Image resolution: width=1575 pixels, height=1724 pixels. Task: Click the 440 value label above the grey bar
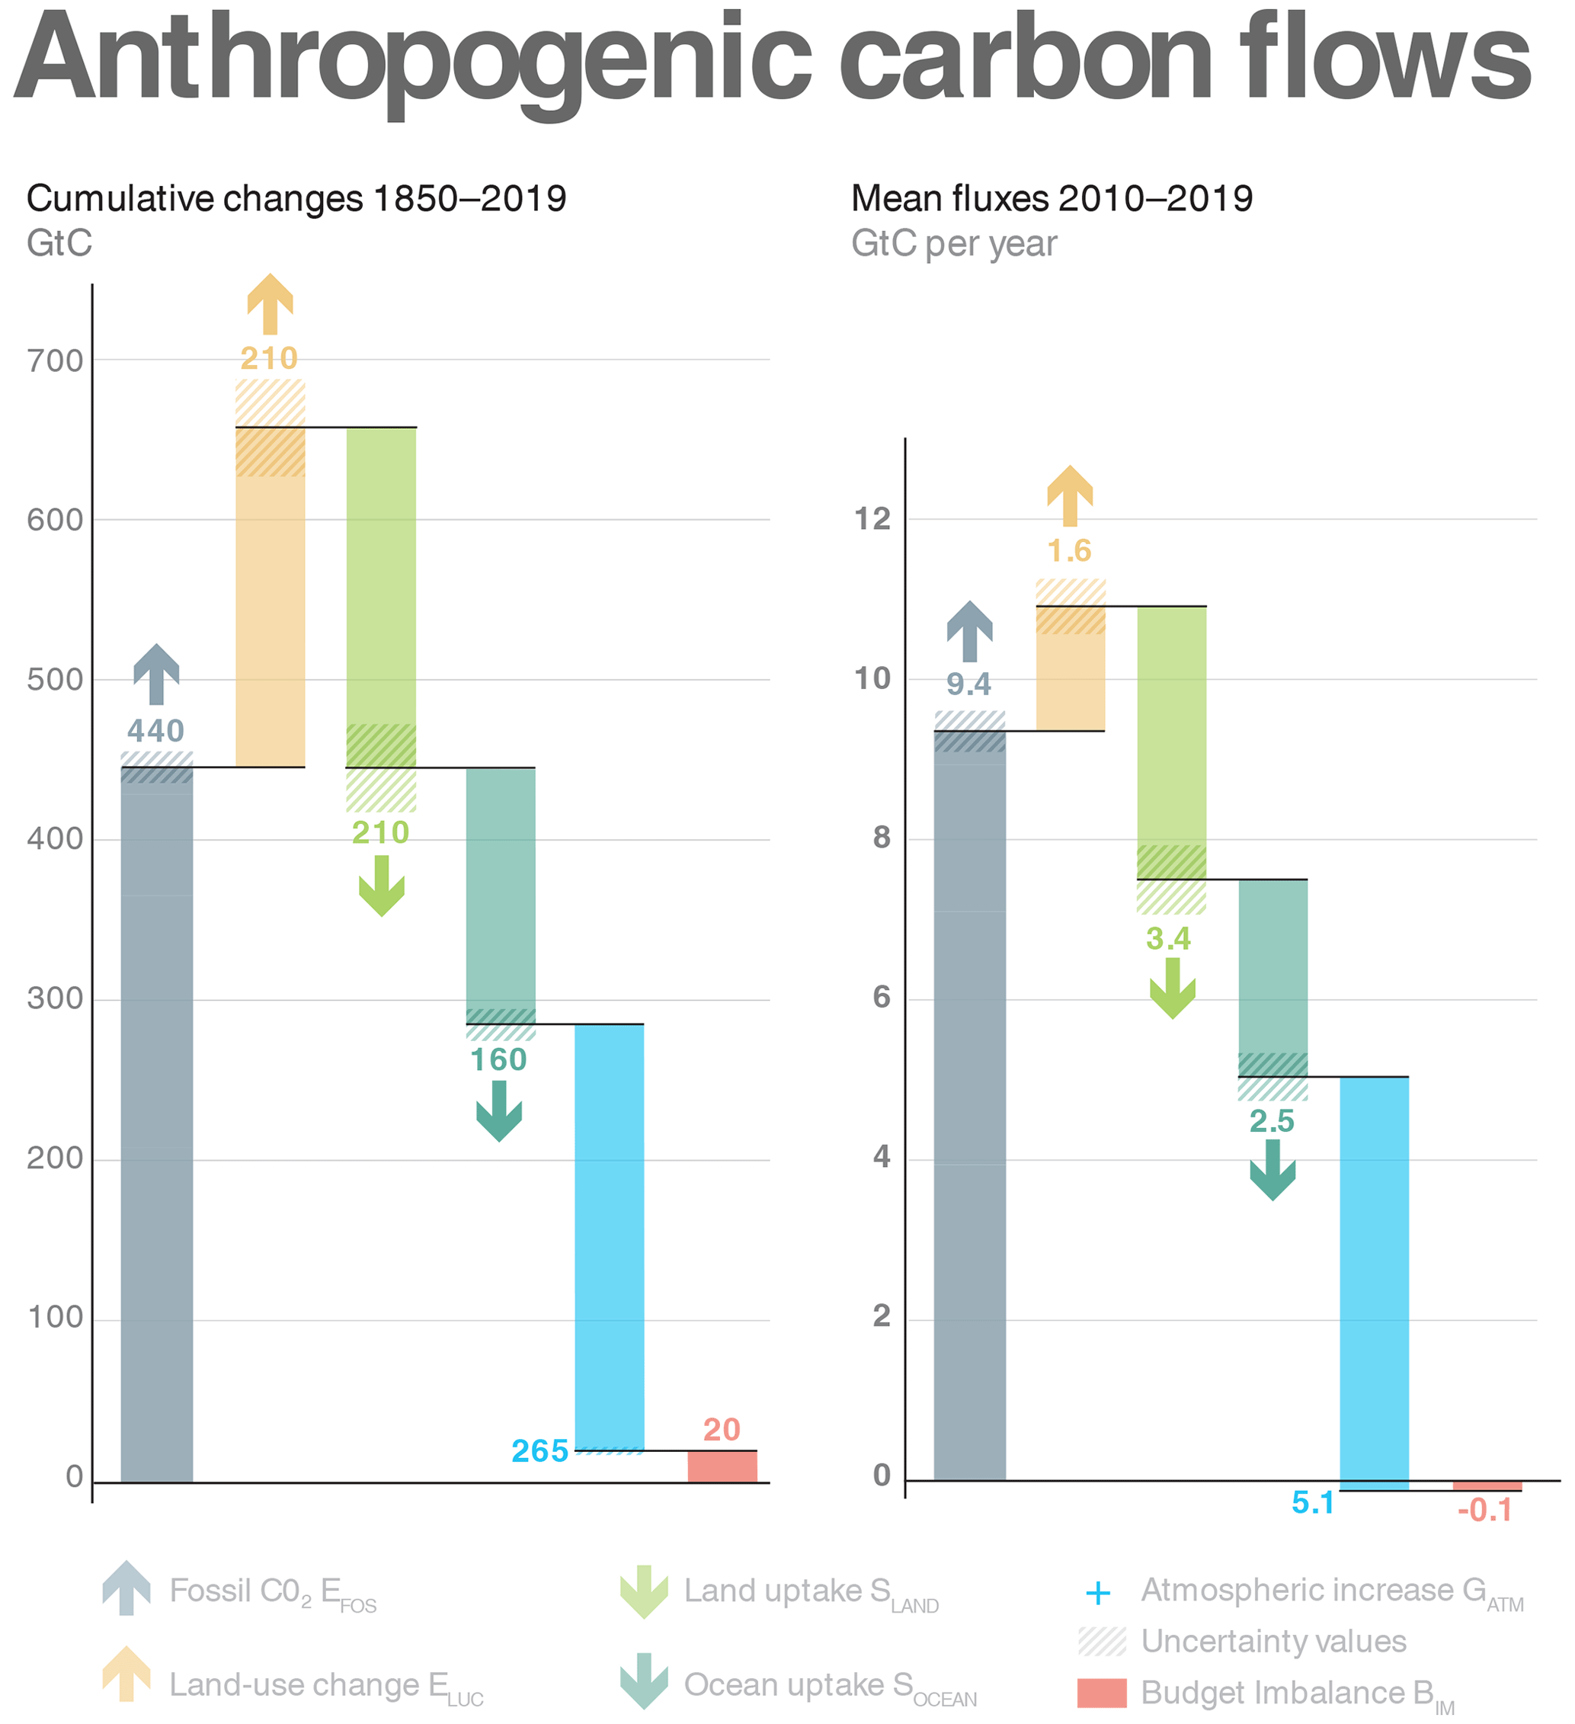[155, 731]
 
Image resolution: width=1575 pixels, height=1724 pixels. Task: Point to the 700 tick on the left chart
[55, 361]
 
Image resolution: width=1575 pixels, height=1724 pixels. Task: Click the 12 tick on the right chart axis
[872, 519]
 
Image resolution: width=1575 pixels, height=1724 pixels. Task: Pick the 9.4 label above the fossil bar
[968, 684]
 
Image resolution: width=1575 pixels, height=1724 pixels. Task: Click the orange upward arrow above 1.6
[1070, 495]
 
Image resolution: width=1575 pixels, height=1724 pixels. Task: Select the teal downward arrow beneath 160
[499, 1111]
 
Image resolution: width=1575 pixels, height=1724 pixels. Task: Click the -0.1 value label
[1485, 1511]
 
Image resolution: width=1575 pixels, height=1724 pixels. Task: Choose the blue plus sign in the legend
[1098, 1592]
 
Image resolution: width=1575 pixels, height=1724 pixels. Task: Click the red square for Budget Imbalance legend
[1102, 1694]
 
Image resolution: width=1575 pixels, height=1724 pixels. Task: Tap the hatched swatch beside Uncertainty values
[1102, 1642]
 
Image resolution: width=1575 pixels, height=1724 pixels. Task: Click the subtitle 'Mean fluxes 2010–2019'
[1052, 198]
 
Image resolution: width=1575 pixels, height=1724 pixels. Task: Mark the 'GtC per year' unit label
[954, 245]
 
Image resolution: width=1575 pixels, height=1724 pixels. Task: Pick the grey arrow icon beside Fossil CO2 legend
[126, 1588]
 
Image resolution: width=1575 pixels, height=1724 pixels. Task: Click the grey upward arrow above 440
[156, 674]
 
